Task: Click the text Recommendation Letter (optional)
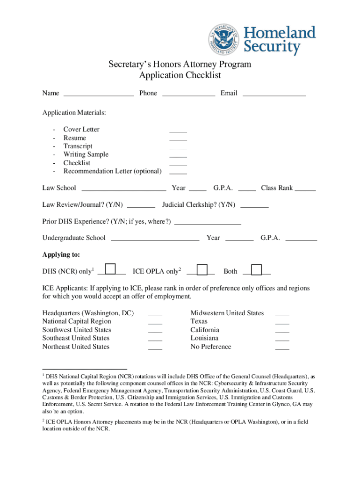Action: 112,171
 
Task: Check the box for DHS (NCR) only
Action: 110,269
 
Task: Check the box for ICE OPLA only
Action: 202,270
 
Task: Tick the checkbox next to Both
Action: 257,270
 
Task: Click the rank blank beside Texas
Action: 282,322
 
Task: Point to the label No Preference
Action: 210,347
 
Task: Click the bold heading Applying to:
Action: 61,255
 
